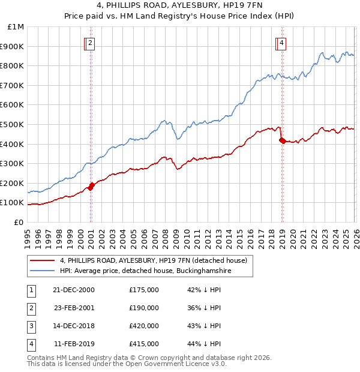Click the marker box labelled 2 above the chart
[89, 43]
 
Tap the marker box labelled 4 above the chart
[281, 43]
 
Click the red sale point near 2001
[91, 185]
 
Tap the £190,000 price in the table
[144, 308]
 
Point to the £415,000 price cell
[144, 344]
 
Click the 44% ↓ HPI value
[204, 344]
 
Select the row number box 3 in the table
[31, 326]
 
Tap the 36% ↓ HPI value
[204, 308]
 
